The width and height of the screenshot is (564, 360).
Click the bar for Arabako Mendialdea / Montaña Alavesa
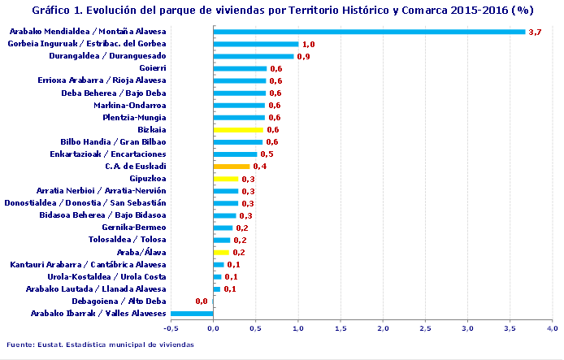(x=369, y=32)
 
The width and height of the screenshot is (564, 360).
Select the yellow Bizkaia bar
(x=238, y=129)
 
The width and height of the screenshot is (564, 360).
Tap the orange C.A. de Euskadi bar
(x=232, y=167)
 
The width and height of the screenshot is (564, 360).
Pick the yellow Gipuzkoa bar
(x=226, y=179)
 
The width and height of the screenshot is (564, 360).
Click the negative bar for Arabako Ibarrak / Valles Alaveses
(x=192, y=313)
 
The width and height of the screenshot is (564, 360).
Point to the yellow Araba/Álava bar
(x=221, y=252)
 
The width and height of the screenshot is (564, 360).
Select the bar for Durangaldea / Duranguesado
(x=253, y=56)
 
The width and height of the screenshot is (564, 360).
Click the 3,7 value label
(x=535, y=32)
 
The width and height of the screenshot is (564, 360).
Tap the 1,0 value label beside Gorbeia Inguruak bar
(x=308, y=44)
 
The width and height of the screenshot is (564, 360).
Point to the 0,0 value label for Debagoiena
(x=201, y=301)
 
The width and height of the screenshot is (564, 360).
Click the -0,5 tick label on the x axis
(x=171, y=329)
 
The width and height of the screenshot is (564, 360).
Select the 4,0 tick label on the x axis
(x=552, y=329)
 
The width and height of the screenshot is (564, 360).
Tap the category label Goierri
(x=153, y=68)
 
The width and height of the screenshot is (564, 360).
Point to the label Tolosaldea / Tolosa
(x=127, y=240)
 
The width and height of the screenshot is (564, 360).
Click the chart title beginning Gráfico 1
(x=282, y=11)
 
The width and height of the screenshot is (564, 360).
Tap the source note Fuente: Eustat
(x=100, y=345)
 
